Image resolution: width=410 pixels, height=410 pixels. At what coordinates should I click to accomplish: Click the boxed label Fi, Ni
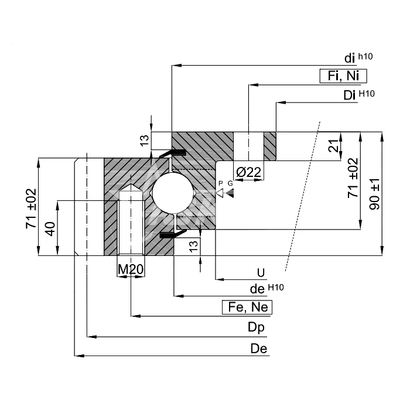point(343,76)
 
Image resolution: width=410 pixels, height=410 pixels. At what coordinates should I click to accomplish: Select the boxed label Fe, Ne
point(247,307)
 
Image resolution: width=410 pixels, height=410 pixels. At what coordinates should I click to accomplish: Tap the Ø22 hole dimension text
point(248,172)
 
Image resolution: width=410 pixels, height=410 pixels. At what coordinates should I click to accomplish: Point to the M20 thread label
point(131,269)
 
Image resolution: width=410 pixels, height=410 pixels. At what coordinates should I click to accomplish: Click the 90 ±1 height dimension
point(374,194)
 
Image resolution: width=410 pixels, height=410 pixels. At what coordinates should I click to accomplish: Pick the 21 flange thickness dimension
point(333,146)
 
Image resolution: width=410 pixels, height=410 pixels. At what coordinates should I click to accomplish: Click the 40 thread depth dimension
point(50,229)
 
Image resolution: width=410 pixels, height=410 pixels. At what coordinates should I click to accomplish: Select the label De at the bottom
point(259,348)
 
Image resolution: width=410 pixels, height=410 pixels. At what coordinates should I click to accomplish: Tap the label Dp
point(256,327)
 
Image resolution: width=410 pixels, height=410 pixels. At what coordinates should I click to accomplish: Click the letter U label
point(261,273)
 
